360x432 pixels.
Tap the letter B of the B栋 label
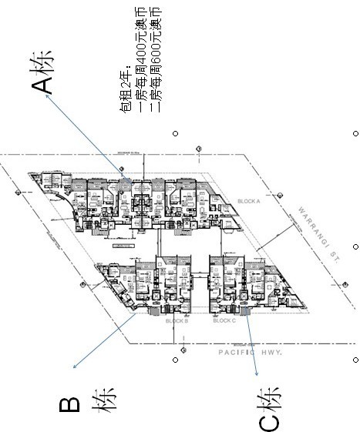70,404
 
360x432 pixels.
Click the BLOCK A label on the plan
248,200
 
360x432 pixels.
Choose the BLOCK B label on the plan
177,320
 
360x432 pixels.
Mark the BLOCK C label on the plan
224,320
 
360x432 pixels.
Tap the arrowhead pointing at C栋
255,375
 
